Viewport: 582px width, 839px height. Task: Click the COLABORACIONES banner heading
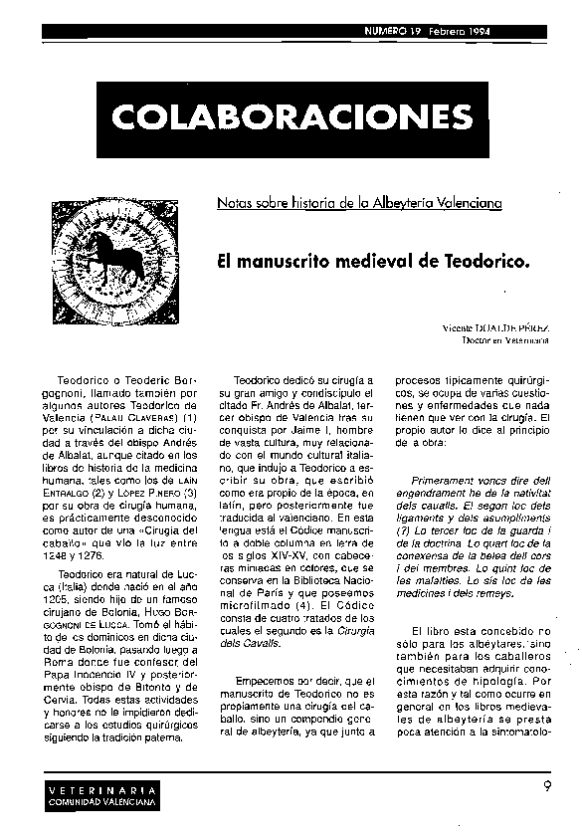pos(291,116)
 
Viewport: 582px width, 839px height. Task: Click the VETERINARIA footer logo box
pos(99,795)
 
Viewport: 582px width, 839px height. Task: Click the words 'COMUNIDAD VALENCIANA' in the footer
pos(99,801)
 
